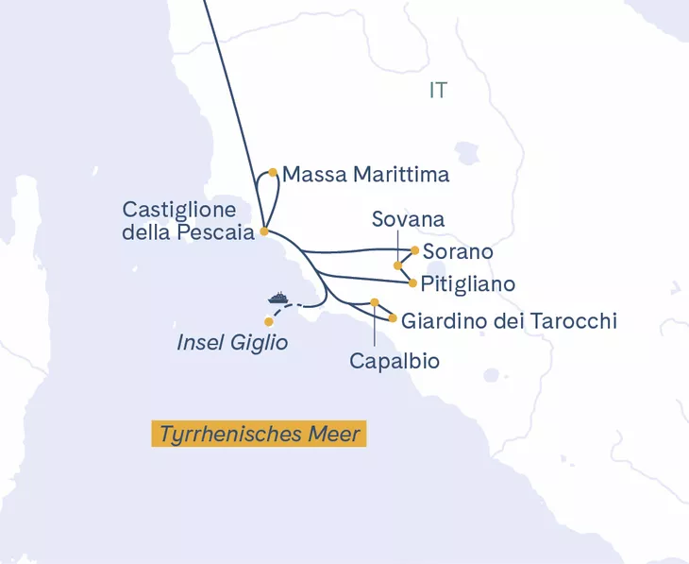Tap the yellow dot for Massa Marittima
(x=273, y=172)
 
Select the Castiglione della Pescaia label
(x=189, y=219)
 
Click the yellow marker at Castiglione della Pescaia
(x=264, y=231)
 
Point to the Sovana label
(x=408, y=219)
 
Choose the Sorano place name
(x=458, y=252)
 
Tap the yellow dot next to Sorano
(x=415, y=250)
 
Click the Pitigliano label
(x=468, y=283)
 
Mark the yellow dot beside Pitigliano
(x=412, y=282)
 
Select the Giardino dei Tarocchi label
(x=509, y=321)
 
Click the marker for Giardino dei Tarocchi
(x=393, y=318)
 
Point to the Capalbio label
(x=394, y=360)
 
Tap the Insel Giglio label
(x=231, y=343)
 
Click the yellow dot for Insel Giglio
(x=269, y=322)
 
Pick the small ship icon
(x=278, y=298)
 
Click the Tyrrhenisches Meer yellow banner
(x=259, y=435)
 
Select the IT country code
(x=437, y=91)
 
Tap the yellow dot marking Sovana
(x=397, y=265)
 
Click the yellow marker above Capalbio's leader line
(x=375, y=302)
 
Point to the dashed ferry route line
(x=294, y=307)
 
